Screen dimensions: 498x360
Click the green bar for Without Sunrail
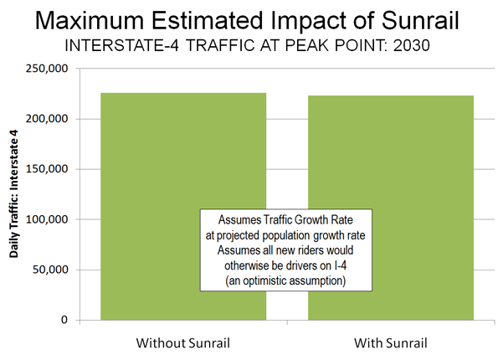(183, 207)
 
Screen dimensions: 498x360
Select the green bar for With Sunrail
(391, 208)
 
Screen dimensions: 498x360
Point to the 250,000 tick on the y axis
(47, 69)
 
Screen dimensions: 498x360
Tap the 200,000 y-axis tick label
(47, 119)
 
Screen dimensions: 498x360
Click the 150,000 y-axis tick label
(47, 169)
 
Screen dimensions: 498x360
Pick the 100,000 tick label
(47, 219)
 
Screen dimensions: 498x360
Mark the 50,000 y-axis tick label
(50, 270)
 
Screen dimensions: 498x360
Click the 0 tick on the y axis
(64, 320)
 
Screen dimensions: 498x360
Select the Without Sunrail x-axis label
(183, 343)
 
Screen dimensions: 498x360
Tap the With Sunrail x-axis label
(391, 343)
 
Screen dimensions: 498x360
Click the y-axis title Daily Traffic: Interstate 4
(14, 194)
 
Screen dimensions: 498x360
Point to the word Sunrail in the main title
(420, 21)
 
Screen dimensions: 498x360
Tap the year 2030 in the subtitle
(411, 45)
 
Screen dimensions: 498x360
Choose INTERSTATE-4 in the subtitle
(122, 45)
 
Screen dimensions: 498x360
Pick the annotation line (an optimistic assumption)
(285, 280)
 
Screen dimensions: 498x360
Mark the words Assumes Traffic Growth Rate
(285, 220)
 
